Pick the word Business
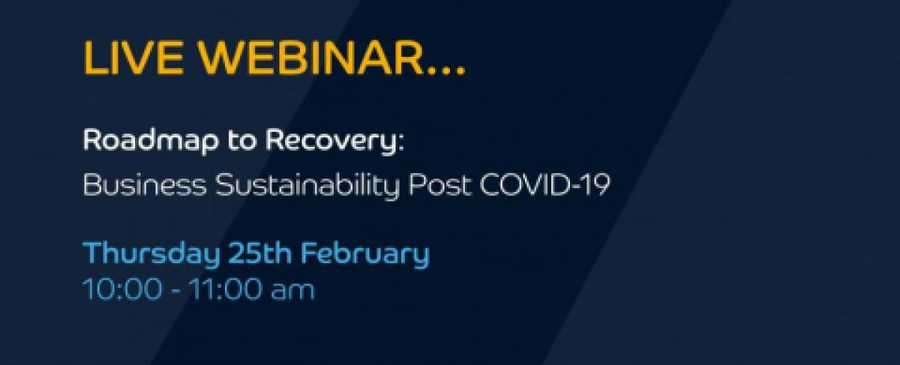click(x=144, y=185)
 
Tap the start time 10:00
click(x=122, y=289)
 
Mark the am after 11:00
click(x=292, y=292)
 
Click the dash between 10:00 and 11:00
click(x=175, y=292)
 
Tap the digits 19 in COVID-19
click(x=595, y=185)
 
